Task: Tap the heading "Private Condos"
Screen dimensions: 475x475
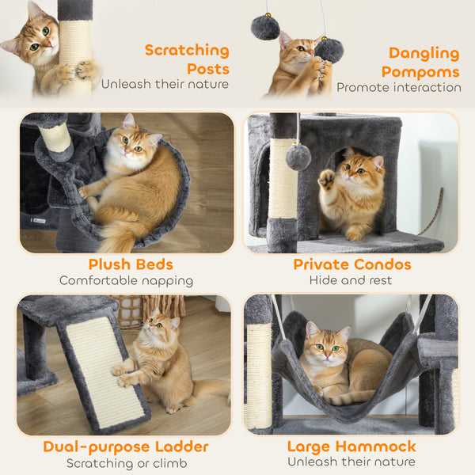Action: [351, 264]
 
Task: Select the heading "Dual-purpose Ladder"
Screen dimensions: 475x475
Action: [126, 446]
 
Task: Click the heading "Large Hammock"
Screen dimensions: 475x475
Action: [351, 446]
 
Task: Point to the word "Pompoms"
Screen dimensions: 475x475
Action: [420, 71]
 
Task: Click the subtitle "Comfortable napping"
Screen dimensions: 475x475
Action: [126, 280]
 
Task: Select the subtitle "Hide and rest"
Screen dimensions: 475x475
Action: [351, 280]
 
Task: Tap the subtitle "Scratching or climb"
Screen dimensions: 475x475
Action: [126, 463]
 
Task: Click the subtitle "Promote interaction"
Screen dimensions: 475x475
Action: [399, 88]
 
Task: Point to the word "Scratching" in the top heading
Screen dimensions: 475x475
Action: [186, 51]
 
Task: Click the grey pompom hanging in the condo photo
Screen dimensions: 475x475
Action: [298, 157]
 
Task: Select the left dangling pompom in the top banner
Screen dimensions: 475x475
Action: [265, 28]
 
